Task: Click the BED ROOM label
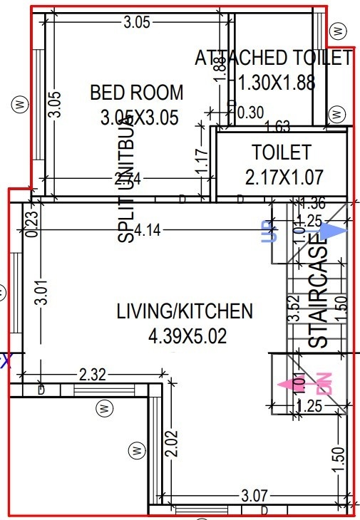(136, 93)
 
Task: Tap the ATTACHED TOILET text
(274, 58)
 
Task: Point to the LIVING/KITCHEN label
(185, 311)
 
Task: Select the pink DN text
(325, 383)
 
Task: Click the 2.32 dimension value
(93, 373)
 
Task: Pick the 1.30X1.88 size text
(276, 83)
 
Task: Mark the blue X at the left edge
(6, 360)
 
